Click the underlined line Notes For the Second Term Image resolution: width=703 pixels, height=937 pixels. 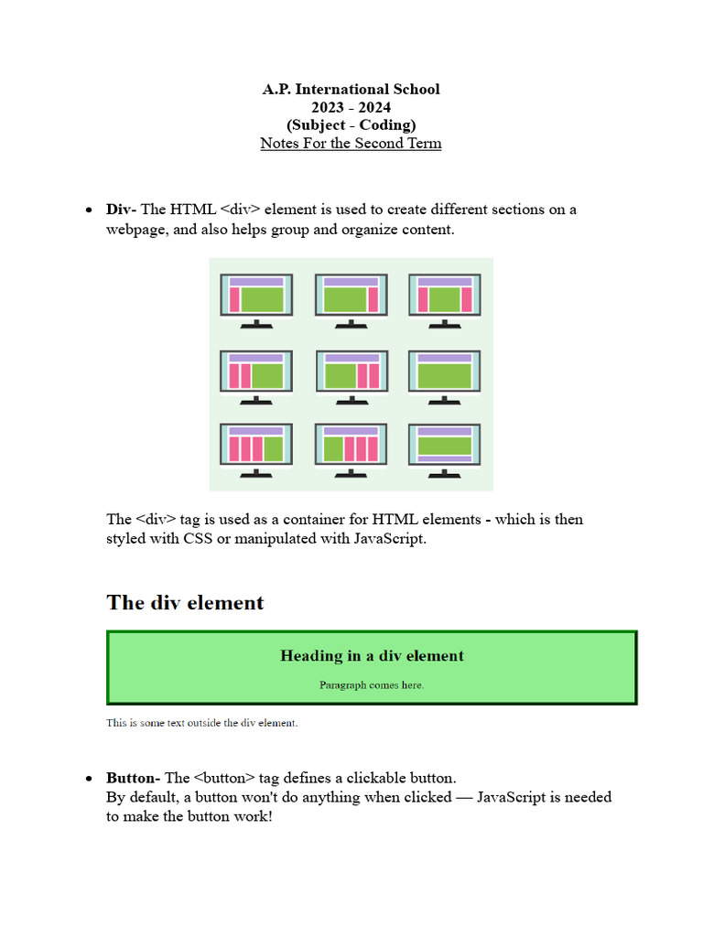tap(351, 144)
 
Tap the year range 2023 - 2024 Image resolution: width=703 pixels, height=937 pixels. tap(351, 108)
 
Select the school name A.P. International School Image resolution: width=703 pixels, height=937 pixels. tap(351, 90)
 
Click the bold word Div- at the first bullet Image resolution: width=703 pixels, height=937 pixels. tap(120, 210)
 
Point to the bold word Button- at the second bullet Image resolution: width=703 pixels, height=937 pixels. tap(133, 778)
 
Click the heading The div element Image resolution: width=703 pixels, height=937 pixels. tap(185, 602)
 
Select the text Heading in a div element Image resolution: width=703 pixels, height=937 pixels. tap(372, 656)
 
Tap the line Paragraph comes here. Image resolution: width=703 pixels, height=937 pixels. tap(372, 684)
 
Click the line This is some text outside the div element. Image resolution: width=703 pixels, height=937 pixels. tap(201, 723)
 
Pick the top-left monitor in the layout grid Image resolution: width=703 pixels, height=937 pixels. tap(256, 296)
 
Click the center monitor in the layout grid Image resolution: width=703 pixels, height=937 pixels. tap(351, 373)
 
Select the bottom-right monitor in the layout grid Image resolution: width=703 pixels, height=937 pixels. tap(445, 447)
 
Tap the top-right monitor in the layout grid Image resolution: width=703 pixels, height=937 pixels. tap(445, 296)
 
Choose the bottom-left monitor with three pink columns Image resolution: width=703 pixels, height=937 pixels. tap(256, 447)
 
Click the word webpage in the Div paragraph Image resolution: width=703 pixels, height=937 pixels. tap(135, 230)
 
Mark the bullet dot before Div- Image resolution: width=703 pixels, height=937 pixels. tap(88, 210)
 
